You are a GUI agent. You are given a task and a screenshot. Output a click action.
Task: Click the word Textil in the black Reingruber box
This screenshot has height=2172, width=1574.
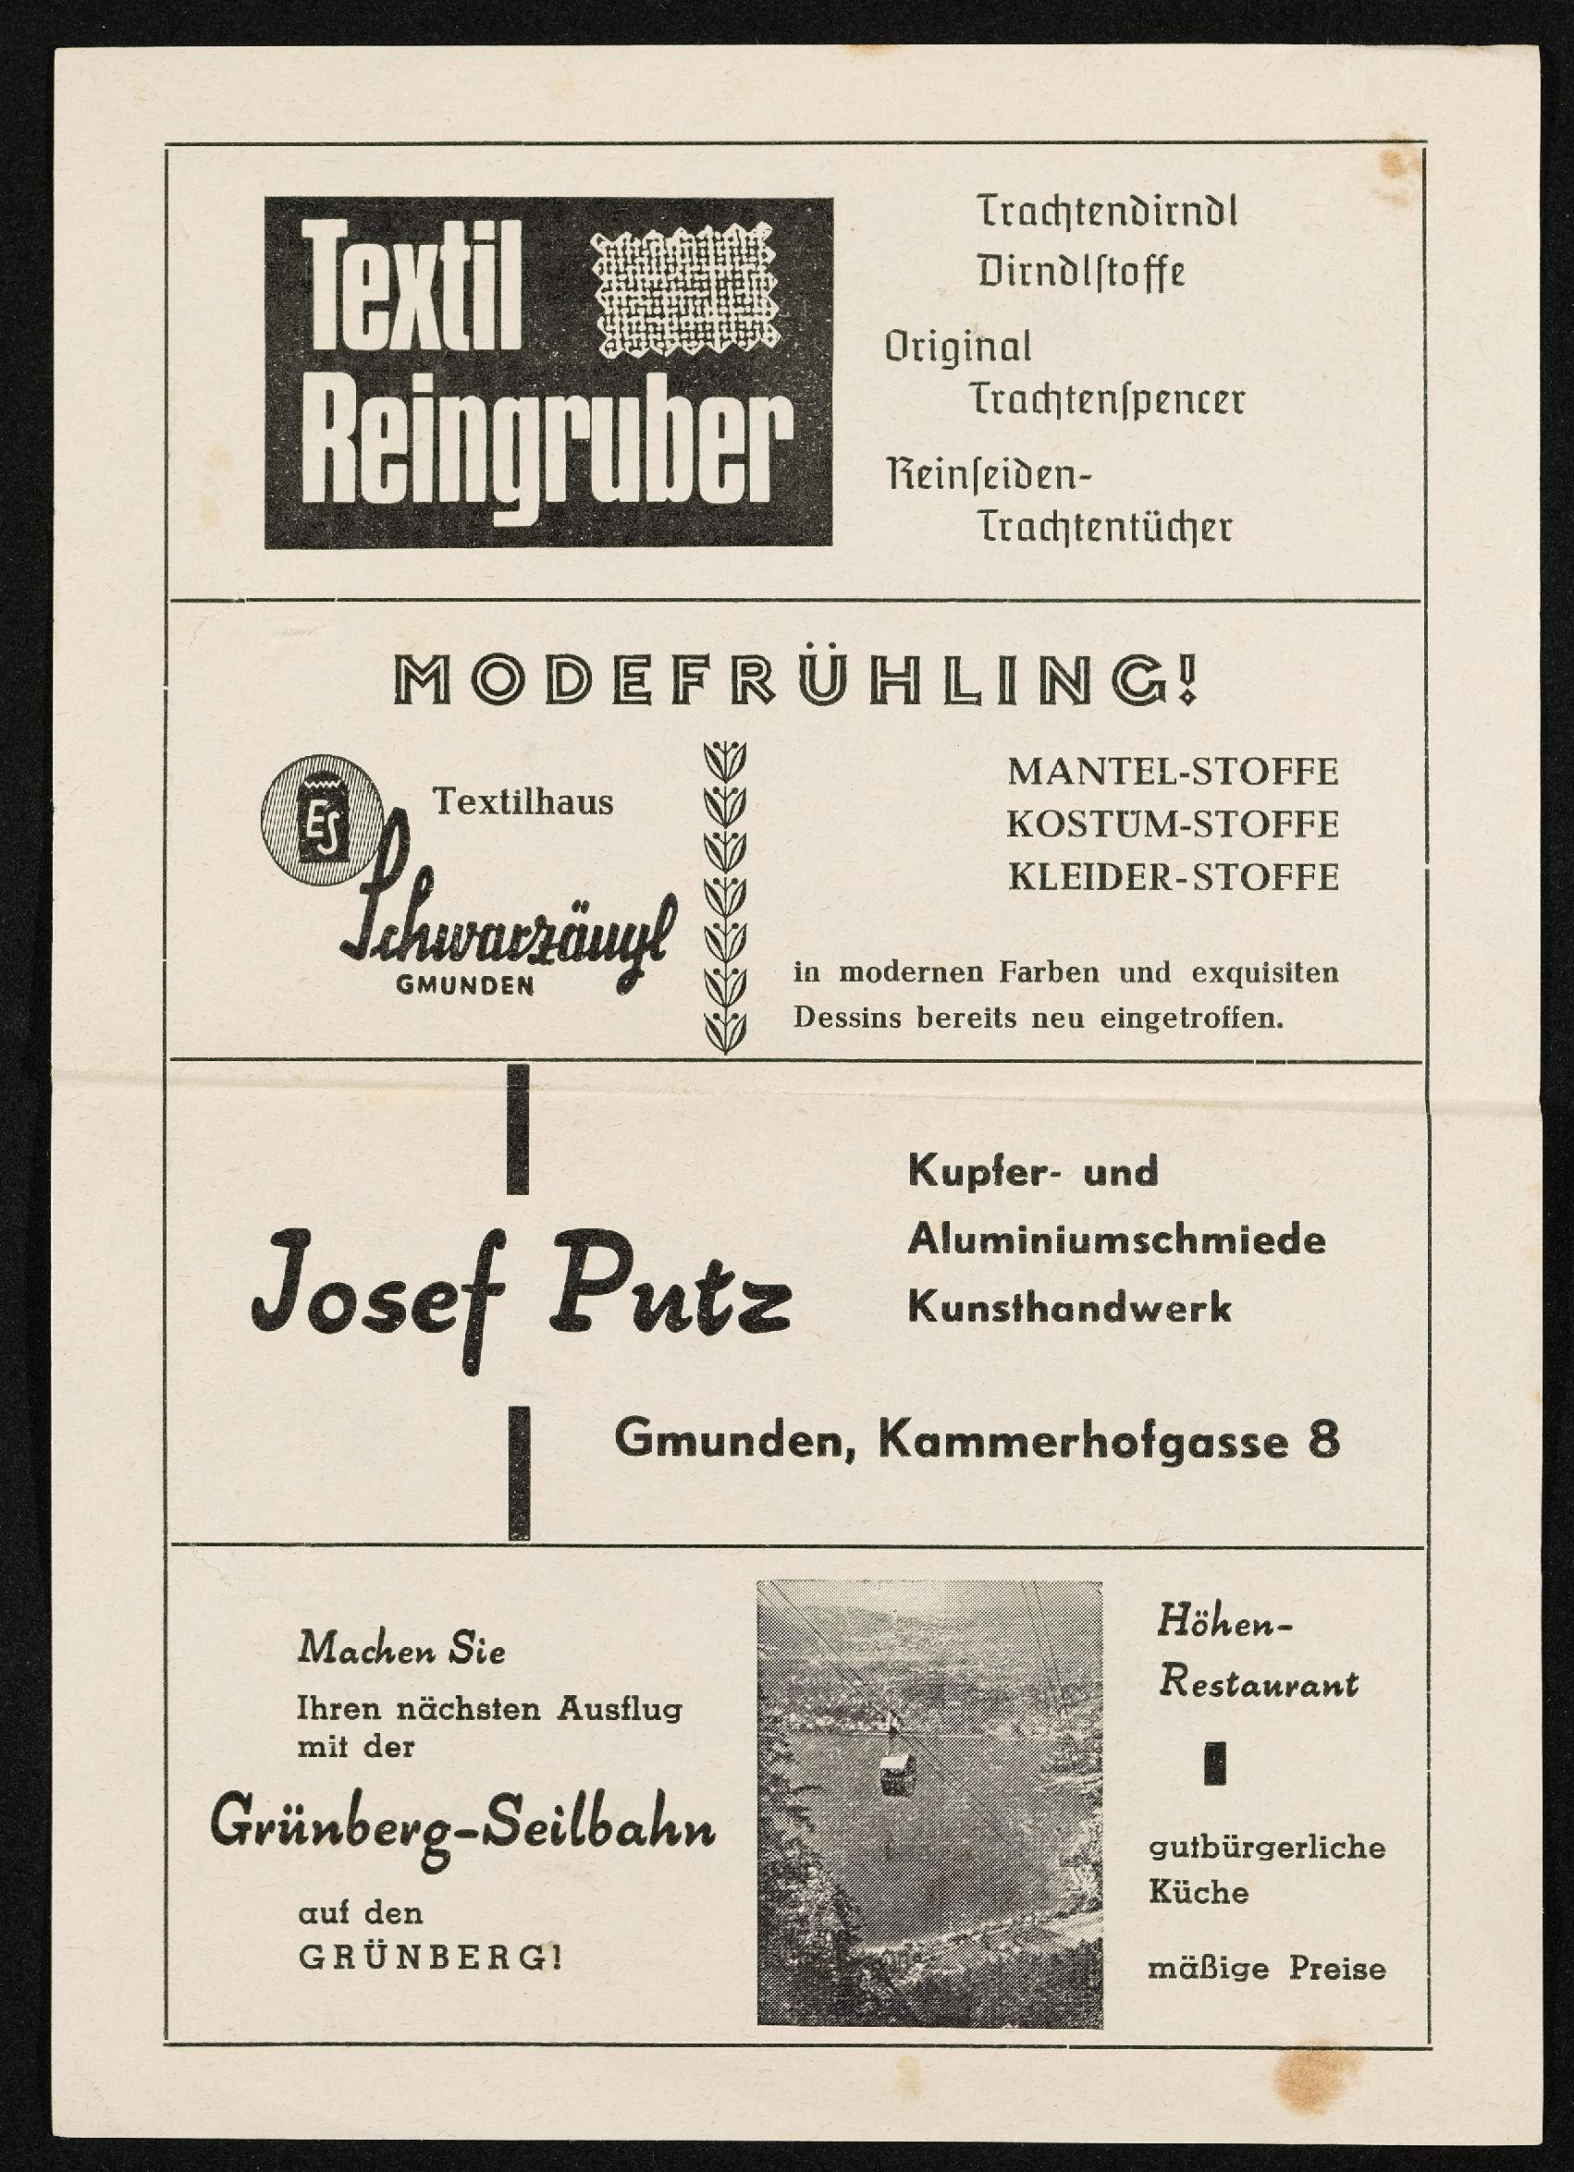click(x=412, y=287)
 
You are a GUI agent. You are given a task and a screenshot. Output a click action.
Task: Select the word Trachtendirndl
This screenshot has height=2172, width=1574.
click(x=1106, y=212)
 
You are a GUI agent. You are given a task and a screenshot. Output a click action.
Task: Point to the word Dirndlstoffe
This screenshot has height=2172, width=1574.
click(x=1081, y=272)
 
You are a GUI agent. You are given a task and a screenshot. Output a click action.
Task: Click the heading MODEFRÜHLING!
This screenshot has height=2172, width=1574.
click(x=796, y=682)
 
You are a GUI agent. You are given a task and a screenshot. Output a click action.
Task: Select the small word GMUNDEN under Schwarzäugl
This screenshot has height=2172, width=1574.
click(x=464, y=985)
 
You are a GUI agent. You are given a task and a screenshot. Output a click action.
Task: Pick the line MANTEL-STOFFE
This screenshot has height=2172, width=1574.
click(x=1173, y=772)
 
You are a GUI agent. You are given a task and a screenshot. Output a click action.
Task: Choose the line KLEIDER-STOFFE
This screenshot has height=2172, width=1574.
click(x=1173, y=877)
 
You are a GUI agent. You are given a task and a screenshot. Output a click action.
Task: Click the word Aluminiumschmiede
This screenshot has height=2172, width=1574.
click(x=1116, y=1241)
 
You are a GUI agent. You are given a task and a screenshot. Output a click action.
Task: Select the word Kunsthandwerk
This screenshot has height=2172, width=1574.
click(x=1069, y=1308)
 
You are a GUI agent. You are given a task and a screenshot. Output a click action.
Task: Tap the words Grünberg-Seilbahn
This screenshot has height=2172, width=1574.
click(x=462, y=1828)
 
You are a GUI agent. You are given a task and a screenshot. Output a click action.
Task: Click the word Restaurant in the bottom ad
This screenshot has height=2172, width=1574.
click(x=1258, y=1681)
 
